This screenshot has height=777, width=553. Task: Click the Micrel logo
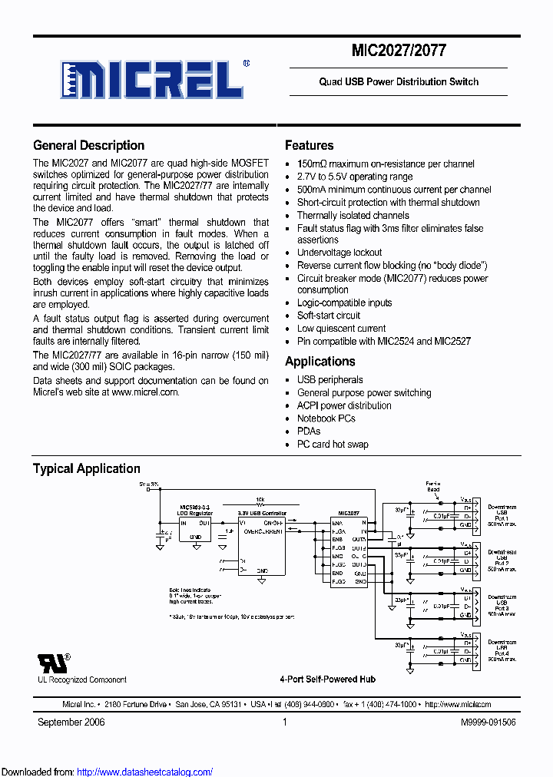[x=153, y=78]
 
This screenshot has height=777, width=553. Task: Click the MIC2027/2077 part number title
[x=399, y=51]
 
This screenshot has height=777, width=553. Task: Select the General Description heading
[x=88, y=145]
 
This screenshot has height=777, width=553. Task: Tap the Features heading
[x=309, y=145]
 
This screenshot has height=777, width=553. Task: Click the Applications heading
[x=320, y=362]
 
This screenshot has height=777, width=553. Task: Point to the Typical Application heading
[x=86, y=468]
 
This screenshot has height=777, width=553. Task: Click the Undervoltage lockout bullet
[x=339, y=253]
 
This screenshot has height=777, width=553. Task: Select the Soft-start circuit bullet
[x=329, y=316]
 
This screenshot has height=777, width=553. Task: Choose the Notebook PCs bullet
[x=326, y=418]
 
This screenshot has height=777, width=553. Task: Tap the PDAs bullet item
[x=309, y=431]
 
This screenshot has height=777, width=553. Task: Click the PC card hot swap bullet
[x=333, y=445]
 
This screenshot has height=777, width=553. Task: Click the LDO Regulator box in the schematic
[x=196, y=528]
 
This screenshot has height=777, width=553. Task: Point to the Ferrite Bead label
[x=434, y=486]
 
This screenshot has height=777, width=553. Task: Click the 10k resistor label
[x=260, y=500]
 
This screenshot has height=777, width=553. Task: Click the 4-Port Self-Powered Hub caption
[x=327, y=679]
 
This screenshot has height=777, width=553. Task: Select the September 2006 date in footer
[x=71, y=722]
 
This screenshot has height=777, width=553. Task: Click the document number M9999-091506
[x=488, y=722]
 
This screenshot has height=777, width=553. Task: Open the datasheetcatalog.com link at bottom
[x=145, y=772]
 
